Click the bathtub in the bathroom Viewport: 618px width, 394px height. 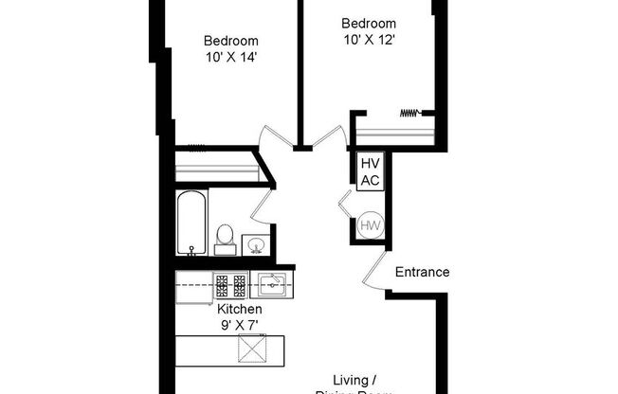pyautogui.click(x=191, y=223)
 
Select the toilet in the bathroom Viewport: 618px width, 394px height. pyautogui.click(x=226, y=238)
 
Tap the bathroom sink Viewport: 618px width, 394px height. pyautogui.click(x=255, y=245)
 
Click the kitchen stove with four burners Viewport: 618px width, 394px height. pyautogui.click(x=229, y=283)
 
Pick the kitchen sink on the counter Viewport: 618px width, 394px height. pyautogui.click(x=271, y=283)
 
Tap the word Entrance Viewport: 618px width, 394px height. pyautogui.click(x=422, y=272)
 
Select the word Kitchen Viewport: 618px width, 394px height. pyautogui.click(x=239, y=310)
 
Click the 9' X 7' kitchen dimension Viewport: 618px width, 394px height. pyautogui.click(x=239, y=325)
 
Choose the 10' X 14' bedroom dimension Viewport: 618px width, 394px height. pyautogui.click(x=232, y=57)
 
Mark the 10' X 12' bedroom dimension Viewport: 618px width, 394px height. pyautogui.click(x=368, y=40)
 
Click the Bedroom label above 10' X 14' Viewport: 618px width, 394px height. pyautogui.click(x=232, y=41)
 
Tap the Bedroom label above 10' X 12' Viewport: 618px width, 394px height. pyautogui.click(x=368, y=24)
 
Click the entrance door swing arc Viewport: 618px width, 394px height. pyautogui.click(x=375, y=269)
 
